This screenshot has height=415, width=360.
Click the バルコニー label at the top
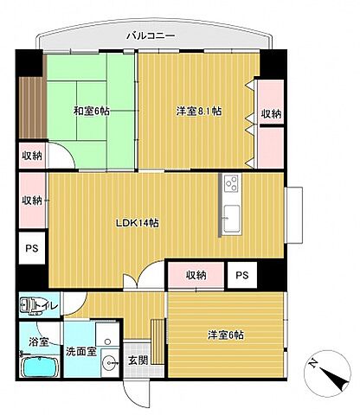tap(151, 36)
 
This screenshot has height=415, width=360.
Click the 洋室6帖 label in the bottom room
tap(224, 335)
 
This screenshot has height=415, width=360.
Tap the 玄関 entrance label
tap(138, 360)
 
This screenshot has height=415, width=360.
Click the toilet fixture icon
tap(30, 304)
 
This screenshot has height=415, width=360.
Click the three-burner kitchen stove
tap(232, 183)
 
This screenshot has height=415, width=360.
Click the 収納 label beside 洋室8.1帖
tap(270, 113)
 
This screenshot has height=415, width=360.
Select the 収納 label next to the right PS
tap(196, 275)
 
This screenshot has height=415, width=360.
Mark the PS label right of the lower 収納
tap(241, 275)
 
